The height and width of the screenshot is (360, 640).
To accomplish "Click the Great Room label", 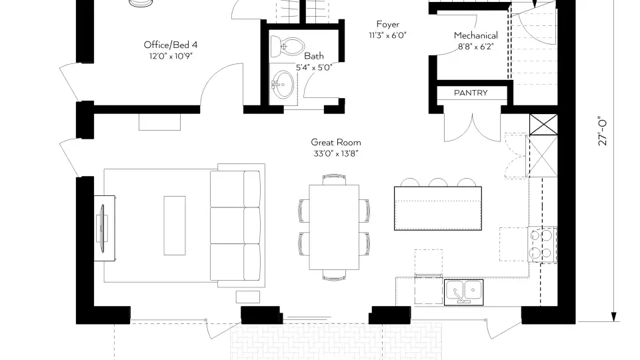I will click(335, 142).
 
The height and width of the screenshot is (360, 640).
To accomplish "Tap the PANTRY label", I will click(471, 93).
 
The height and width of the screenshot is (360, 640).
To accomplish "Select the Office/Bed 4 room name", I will click(171, 45).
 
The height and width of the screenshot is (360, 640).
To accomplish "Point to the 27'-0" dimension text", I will click(603, 131).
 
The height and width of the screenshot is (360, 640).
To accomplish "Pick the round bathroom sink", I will click(283, 85).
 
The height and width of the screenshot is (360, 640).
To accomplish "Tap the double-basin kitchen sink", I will click(464, 291).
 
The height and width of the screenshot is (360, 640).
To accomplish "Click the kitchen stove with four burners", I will click(541, 245).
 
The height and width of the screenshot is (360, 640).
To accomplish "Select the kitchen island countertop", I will click(437, 209).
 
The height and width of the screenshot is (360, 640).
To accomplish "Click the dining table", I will click(335, 227).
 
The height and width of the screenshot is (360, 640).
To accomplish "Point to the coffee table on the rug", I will click(175, 224).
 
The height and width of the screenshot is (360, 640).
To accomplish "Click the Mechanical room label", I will click(475, 35).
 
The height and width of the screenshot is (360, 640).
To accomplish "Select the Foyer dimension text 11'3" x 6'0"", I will click(387, 35).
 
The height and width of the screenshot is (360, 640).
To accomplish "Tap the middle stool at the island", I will click(438, 183).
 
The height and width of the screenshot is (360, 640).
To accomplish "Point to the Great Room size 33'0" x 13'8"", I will click(335, 153).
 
